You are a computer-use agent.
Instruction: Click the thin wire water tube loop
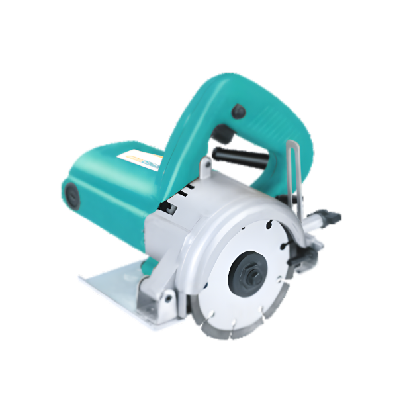pos(295,179)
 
